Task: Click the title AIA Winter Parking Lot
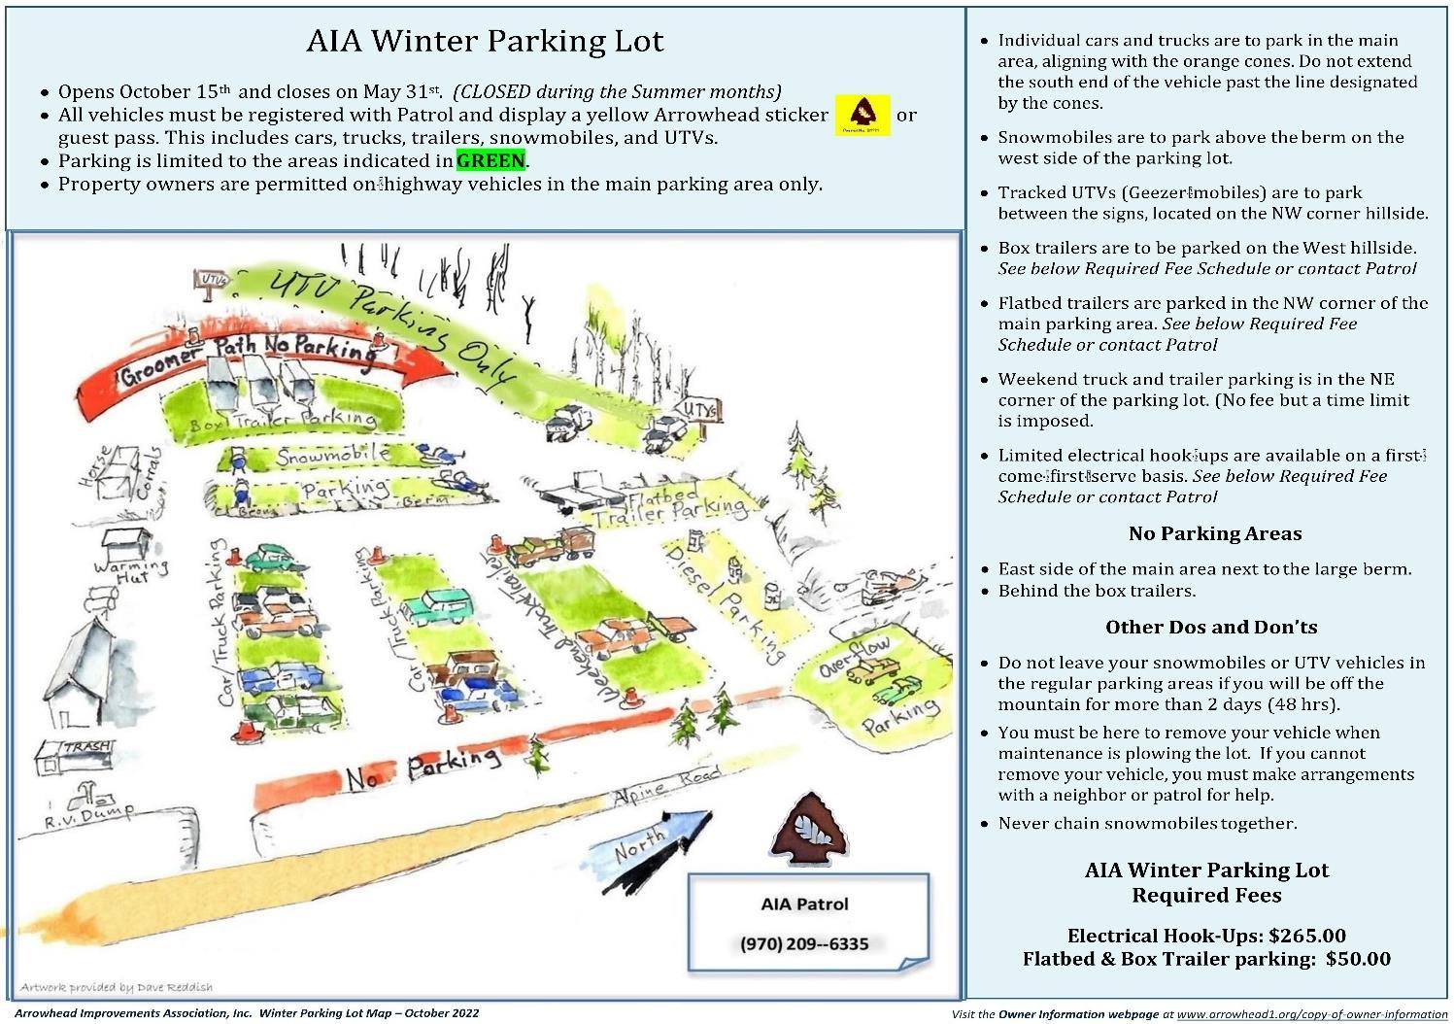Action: (485, 41)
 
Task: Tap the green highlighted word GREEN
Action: (490, 160)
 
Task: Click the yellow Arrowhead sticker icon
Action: (862, 116)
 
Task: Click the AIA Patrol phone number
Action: (804, 943)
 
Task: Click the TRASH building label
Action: (86, 747)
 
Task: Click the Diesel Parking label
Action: (724, 602)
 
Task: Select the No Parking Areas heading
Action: (1214, 533)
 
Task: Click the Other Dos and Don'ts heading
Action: (1211, 627)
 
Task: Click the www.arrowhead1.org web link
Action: (1311, 1014)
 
